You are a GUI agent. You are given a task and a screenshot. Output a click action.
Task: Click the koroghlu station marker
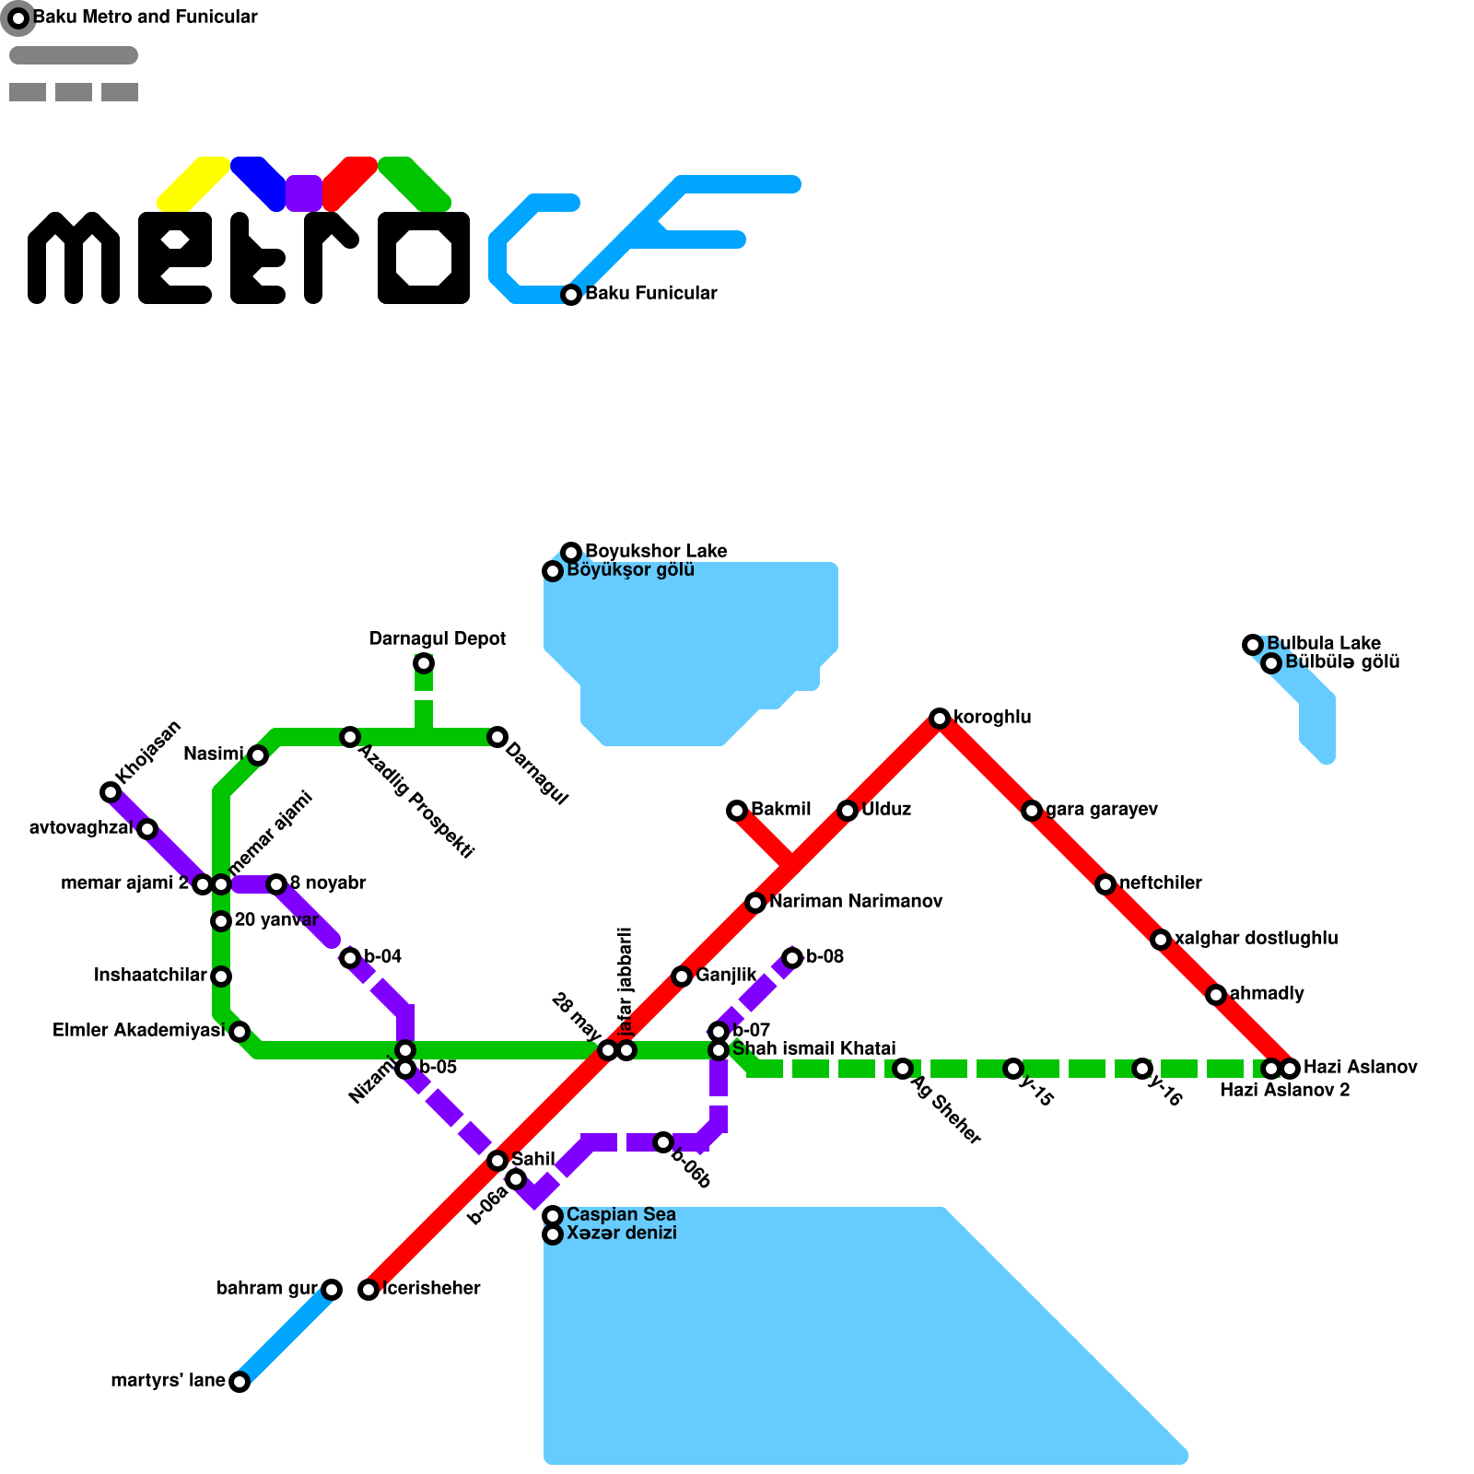tap(939, 719)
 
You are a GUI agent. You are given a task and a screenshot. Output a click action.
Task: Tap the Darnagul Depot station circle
tap(423, 663)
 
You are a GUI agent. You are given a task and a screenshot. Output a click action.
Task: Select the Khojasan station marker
tap(111, 792)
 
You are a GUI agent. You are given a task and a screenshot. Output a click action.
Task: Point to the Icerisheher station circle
tap(368, 1290)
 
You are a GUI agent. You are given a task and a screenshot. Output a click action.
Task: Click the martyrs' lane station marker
tap(240, 1382)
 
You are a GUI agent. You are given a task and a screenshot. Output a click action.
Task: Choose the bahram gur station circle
tap(332, 1290)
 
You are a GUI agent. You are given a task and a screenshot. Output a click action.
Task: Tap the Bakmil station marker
tap(736, 811)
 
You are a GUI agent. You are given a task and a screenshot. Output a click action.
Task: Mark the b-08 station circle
tap(792, 958)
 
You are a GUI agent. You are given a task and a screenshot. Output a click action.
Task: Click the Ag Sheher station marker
tap(903, 1069)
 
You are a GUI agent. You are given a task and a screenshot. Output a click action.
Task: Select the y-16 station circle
tap(1142, 1069)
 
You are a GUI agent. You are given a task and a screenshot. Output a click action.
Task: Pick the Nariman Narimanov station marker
tap(755, 903)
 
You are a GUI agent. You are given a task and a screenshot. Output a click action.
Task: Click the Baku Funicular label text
tap(650, 294)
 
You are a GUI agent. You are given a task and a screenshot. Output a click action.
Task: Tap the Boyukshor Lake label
tap(656, 552)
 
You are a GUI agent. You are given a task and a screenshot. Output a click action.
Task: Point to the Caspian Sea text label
tap(621, 1215)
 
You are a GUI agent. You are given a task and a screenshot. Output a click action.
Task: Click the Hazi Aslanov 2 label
tap(1284, 1091)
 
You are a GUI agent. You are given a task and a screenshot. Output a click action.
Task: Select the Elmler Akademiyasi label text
tap(138, 1031)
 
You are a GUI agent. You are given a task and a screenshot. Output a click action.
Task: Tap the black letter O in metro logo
tap(424, 258)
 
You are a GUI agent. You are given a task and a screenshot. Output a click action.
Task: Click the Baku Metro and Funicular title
tap(145, 18)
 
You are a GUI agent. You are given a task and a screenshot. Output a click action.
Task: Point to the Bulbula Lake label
tap(1323, 644)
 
